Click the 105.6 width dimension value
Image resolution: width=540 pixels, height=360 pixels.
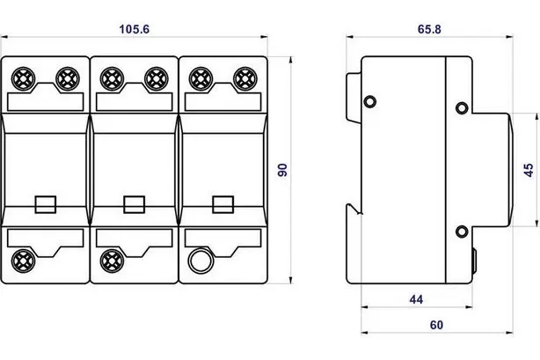tap(135, 29)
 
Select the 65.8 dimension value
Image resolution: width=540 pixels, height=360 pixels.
tap(429, 29)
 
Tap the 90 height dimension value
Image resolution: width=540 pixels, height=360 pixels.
tap(282, 170)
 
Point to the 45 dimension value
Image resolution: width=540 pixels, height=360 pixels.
tap(529, 170)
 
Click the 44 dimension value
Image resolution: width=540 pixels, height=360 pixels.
tap(416, 299)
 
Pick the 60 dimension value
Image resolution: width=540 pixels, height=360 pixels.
tap(436, 325)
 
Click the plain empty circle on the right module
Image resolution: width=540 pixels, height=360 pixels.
tap(201, 261)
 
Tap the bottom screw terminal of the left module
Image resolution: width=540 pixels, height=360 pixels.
tap(23, 261)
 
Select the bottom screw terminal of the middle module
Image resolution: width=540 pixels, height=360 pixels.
tap(112, 261)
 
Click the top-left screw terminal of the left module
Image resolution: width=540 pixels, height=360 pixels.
tap(23, 79)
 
